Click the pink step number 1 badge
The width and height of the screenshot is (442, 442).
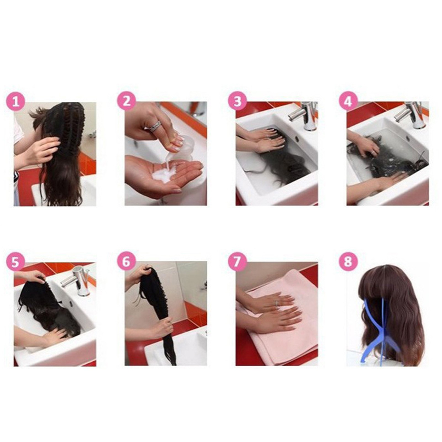point(16,101)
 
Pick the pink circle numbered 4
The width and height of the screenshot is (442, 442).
point(348,101)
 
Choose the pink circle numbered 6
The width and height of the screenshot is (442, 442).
point(126,261)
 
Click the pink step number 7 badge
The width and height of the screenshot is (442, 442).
point(237,261)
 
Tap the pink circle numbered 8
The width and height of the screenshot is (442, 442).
point(348,261)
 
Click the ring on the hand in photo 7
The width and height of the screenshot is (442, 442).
point(276,303)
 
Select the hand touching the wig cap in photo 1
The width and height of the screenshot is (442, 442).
point(41,151)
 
